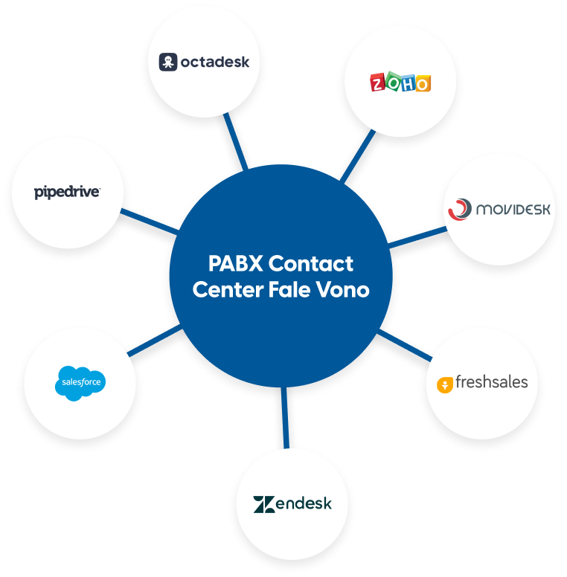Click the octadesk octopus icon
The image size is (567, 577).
pos(168,62)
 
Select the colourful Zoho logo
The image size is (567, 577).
pos(400,83)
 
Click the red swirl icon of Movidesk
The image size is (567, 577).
pos(460,210)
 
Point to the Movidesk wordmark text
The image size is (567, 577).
pos(513,210)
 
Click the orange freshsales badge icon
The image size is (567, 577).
pos(445,384)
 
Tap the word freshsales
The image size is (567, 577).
pos(491,382)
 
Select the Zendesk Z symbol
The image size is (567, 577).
pos(264,504)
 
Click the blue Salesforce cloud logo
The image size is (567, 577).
pos(80,384)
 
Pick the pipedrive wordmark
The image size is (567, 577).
pos(67,193)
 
